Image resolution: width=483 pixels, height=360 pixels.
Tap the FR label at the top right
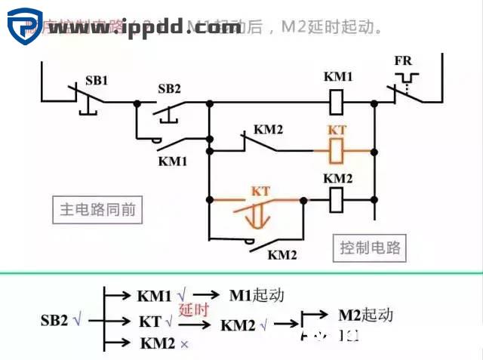[x=403, y=60]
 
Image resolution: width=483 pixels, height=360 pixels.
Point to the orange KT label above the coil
[x=337, y=130]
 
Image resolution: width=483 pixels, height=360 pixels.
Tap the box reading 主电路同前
[x=98, y=209]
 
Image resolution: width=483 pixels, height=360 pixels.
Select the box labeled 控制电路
[x=370, y=248]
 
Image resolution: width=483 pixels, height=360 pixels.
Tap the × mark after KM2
[x=184, y=343]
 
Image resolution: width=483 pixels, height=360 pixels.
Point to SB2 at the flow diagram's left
[x=55, y=320]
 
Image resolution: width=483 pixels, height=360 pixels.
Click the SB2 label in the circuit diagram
[x=169, y=88]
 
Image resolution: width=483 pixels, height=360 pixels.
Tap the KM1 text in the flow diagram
[x=154, y=295]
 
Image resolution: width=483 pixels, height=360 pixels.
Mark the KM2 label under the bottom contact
[x=282, y=254]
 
